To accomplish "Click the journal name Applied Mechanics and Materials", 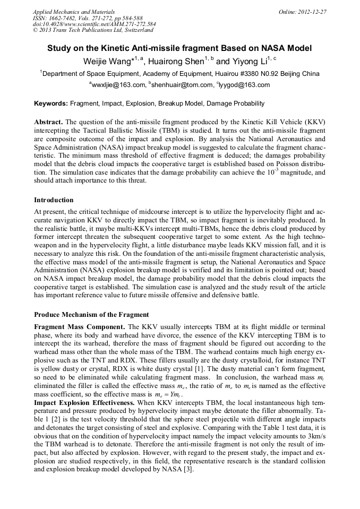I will coord(73,11).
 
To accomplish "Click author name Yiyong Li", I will coord(250,62).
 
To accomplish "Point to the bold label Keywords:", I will coord(51,103).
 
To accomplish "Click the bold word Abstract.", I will coord(48,122).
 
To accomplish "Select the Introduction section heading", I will coord(54,200).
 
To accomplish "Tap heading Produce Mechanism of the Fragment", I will coord(91,315).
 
